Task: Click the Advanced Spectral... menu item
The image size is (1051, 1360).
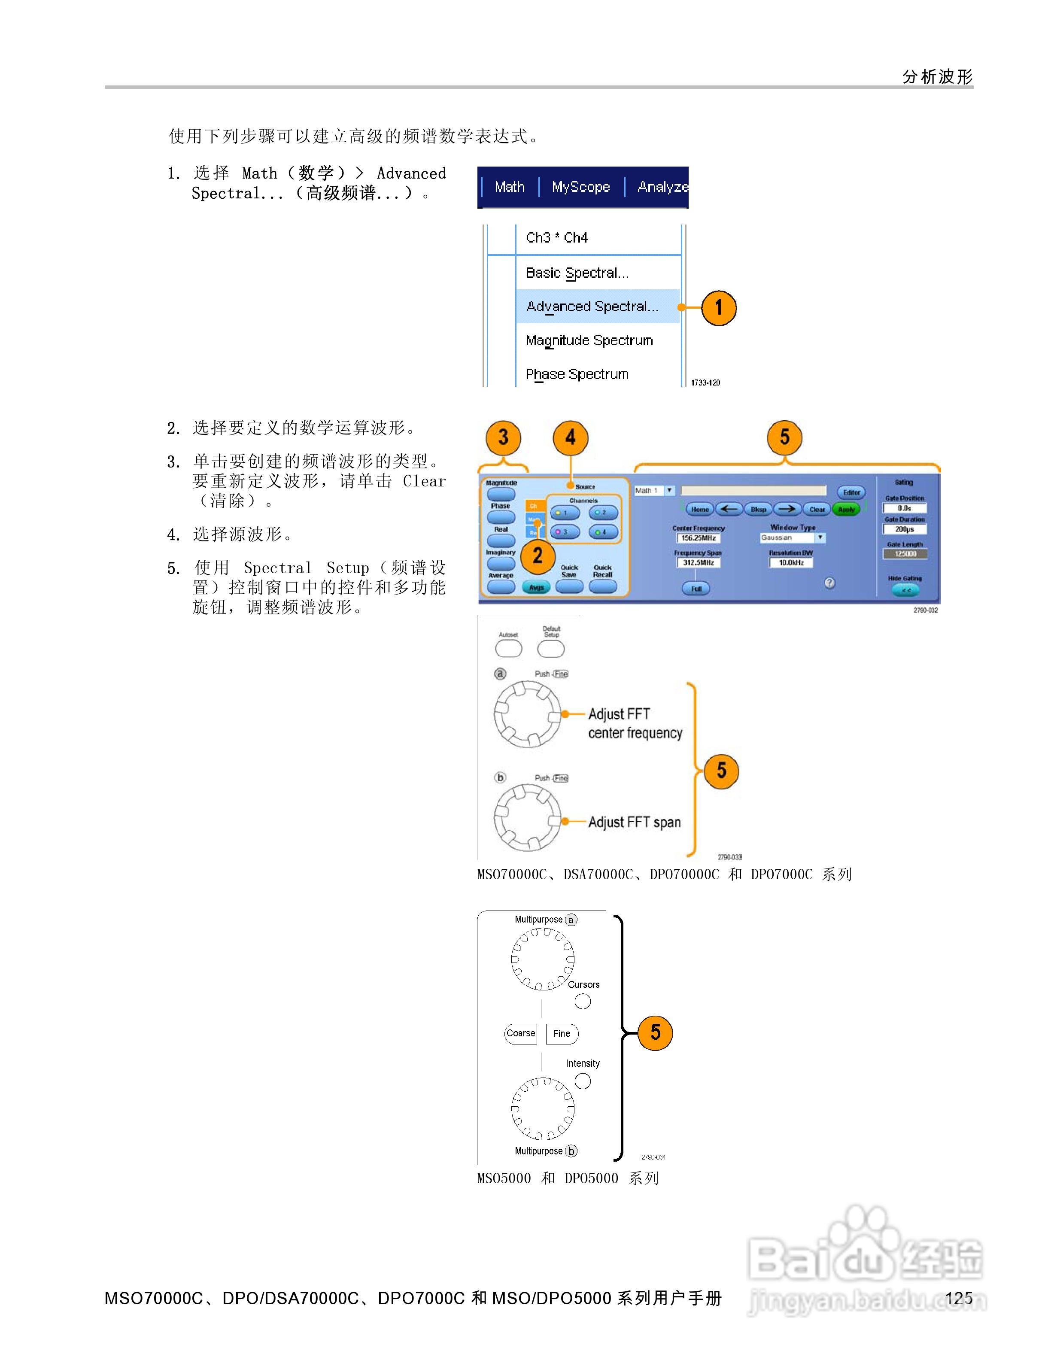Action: pos(592,307)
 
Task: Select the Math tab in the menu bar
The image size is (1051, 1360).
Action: pos(509,187)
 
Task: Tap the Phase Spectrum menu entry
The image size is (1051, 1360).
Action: pos(577,374)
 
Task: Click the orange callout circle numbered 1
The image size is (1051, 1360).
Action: pos(719,308)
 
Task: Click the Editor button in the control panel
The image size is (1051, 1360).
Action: pos(851,492)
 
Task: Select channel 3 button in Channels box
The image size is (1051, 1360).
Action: pos(565,532)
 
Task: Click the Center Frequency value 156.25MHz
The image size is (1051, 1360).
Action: pos(698,538)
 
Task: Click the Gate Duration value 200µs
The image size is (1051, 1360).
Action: pos(905,529)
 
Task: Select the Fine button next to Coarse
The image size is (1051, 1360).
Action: pos(562,1034)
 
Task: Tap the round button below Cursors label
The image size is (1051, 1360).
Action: pos(583,1001)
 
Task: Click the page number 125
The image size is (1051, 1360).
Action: pos(959,1298)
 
